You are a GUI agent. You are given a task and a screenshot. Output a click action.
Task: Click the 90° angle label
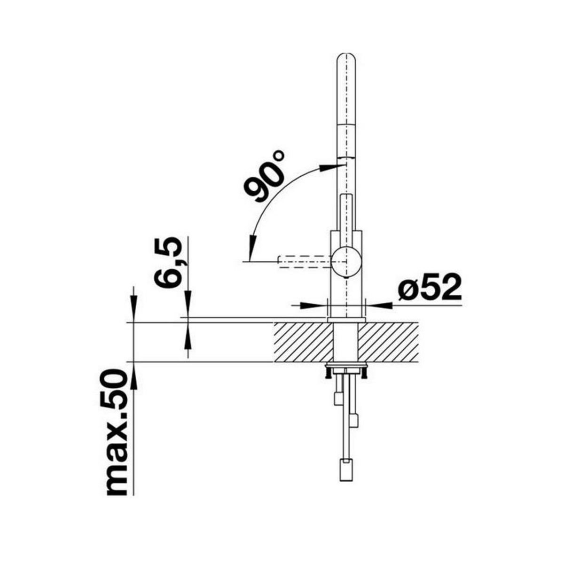pos(266,176)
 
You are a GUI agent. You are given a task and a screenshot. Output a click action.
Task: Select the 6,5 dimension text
pos(168,263)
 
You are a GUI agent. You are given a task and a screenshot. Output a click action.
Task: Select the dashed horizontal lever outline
pos(305,260)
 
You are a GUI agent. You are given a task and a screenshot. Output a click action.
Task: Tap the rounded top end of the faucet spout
pos(346,59)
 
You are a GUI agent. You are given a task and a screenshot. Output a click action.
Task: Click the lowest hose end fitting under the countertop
pos(346,470)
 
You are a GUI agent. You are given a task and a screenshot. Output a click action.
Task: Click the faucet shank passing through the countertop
pos(346,342)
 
